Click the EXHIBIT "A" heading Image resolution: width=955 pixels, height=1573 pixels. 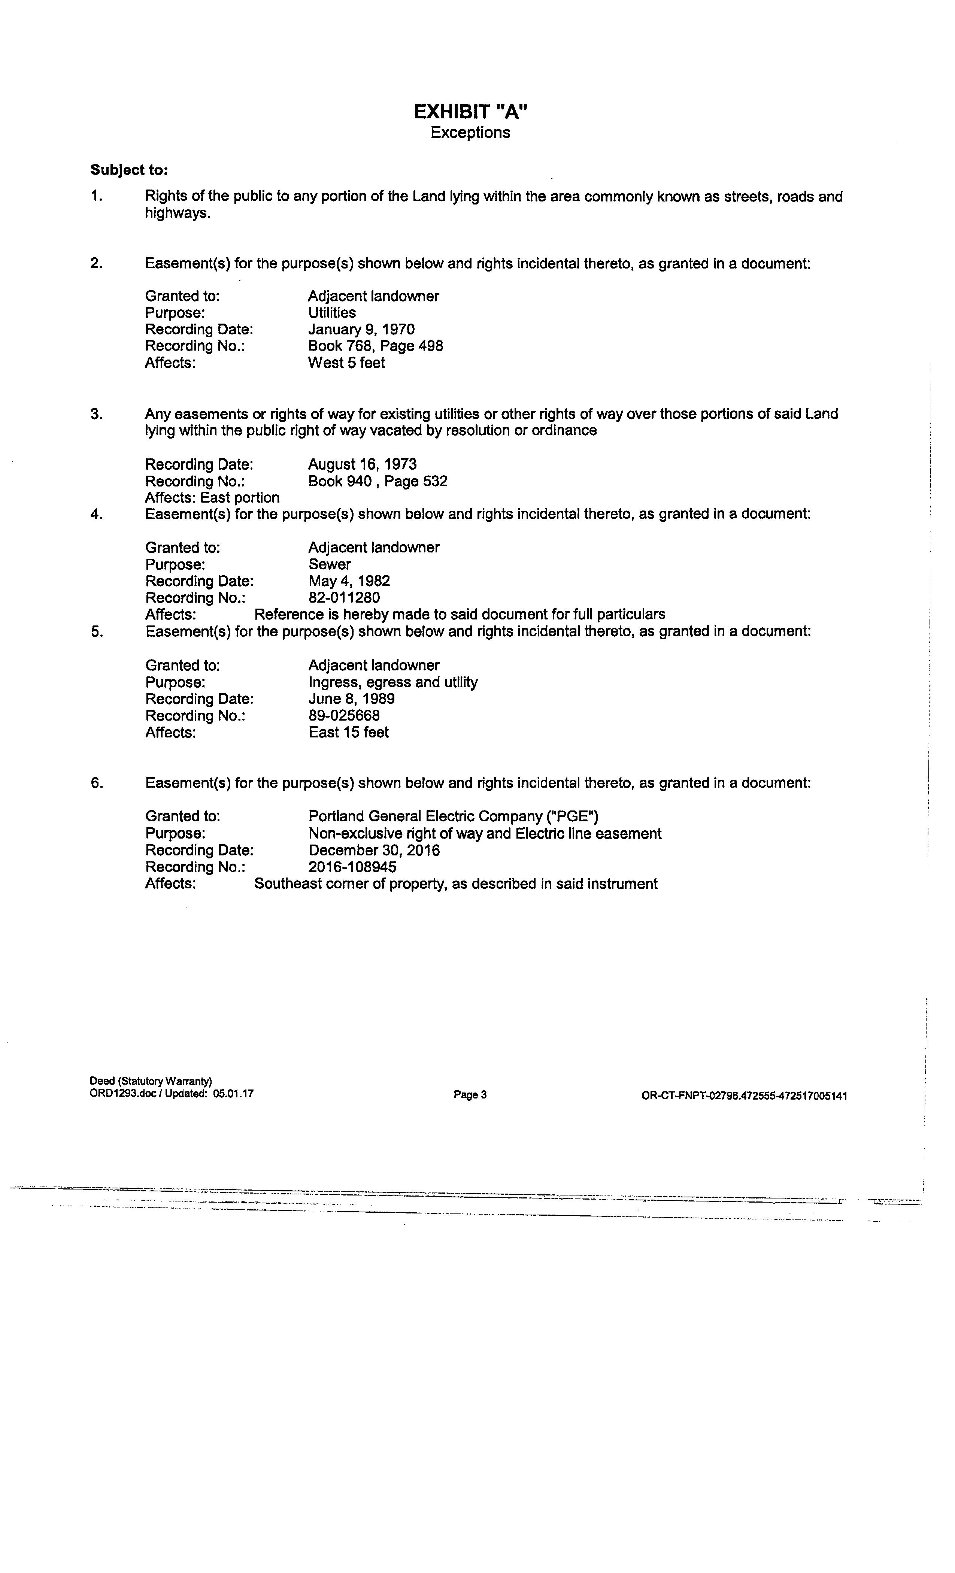coord(470,112)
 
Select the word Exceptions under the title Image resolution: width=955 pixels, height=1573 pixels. coord(470,133)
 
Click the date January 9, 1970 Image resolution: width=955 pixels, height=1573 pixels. coord(361,330)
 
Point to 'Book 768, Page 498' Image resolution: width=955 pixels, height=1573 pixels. coord(375,346)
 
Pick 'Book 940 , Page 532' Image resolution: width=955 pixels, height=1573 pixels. coord(378,481)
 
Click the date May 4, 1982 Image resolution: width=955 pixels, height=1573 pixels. coord(349,581)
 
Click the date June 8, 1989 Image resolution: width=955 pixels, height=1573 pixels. coord(352,698)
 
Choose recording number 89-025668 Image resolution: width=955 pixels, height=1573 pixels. coord(344,716)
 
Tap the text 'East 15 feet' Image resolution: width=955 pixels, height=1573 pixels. coord(349,732)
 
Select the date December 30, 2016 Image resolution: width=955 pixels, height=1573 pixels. coord(374,850)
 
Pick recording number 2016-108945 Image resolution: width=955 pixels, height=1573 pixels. coord(352,867)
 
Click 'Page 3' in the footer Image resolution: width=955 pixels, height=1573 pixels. coord(470,1095)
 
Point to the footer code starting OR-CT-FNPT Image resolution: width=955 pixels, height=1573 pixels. coord(745,1096)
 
